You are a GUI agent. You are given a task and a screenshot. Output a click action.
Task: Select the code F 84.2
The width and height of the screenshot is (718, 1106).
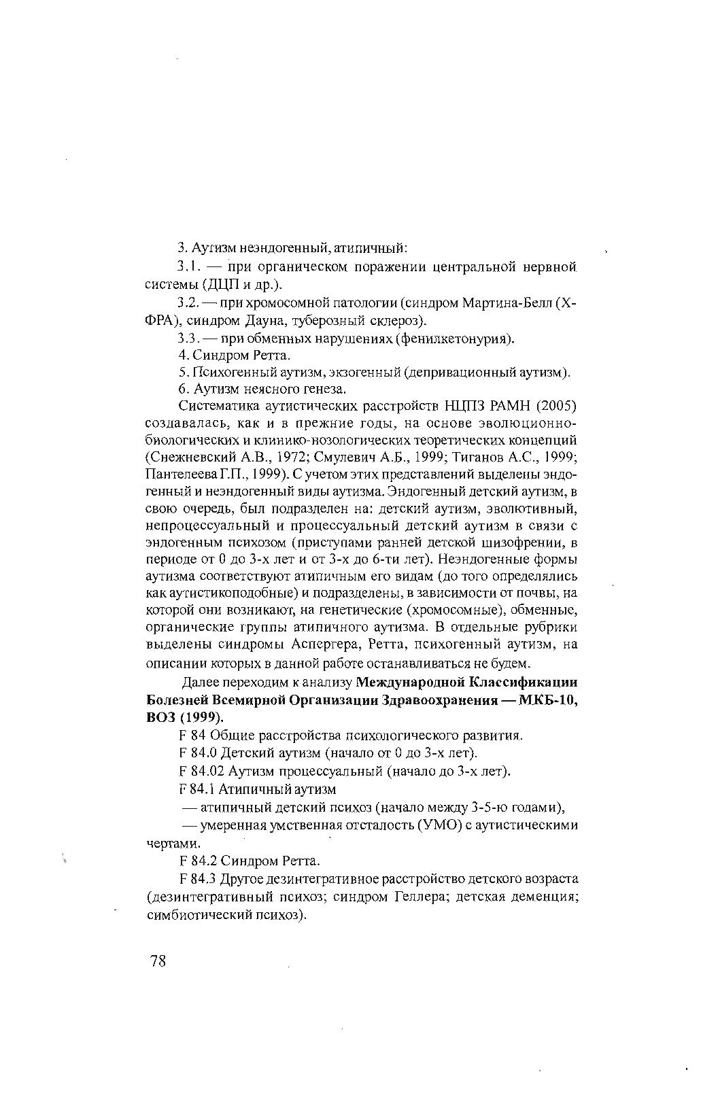point(198,861)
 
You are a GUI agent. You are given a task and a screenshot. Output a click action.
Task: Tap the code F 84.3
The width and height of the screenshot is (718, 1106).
point(198,879)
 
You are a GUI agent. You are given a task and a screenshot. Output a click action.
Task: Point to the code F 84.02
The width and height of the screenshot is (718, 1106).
point(201,771)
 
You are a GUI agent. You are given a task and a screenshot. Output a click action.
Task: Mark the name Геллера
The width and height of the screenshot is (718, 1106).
point(419,897)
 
